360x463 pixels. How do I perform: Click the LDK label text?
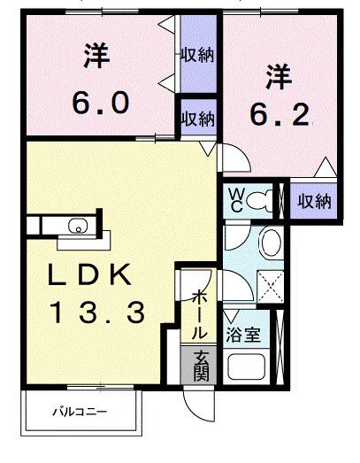coord(89,274)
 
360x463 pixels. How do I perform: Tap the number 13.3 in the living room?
coord(97,312)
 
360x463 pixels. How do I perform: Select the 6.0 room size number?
coord(101,103)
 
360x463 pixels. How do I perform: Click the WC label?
coord(237,200)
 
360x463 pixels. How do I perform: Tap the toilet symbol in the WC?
coord(259,201)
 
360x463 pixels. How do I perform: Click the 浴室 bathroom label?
coord(243,335)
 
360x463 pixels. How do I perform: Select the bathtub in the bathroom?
coord(247,367)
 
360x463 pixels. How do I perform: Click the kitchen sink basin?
coord(78,226)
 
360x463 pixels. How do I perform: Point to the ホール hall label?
coord(200,314)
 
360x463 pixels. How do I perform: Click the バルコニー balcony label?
coord(80,412)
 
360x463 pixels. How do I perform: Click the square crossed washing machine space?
coord(271,287)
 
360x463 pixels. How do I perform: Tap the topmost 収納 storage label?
coord(197,54)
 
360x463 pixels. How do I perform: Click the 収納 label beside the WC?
coord(314,201)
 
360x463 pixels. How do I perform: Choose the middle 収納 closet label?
coord(197,119)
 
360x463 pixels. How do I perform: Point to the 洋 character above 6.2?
coord(279,76)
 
